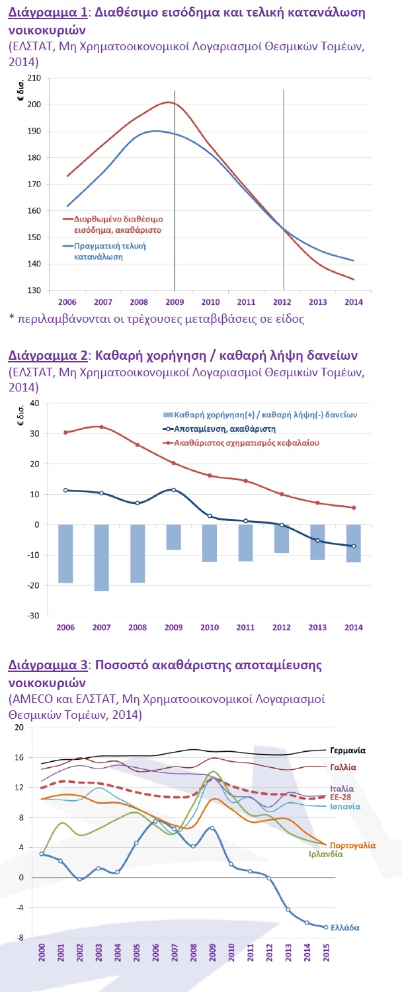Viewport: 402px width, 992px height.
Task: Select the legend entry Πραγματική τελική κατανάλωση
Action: (110, 251)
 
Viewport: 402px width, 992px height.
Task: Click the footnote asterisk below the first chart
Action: (12, 319)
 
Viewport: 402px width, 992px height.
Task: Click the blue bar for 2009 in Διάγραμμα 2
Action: (173, 537)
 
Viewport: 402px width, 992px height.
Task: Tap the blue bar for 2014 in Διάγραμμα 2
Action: (353, 543)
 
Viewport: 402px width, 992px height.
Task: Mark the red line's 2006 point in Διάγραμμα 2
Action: (65, 433)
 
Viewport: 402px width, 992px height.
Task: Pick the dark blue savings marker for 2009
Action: (173, 490)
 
